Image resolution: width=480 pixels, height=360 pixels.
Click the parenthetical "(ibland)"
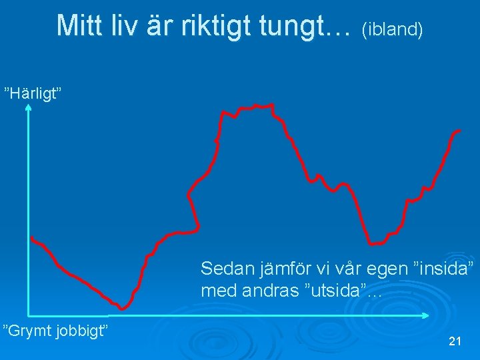(x=392, y=29)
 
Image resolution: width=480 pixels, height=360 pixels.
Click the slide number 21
(x=455, y=341)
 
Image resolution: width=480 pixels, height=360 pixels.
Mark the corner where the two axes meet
(x=29, y=314)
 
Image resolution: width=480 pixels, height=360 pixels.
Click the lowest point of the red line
(x=123, y=308)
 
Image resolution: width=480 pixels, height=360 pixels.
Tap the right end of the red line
(x=459, y=131)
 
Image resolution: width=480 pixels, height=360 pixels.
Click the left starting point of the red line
(x=31, y=238)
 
